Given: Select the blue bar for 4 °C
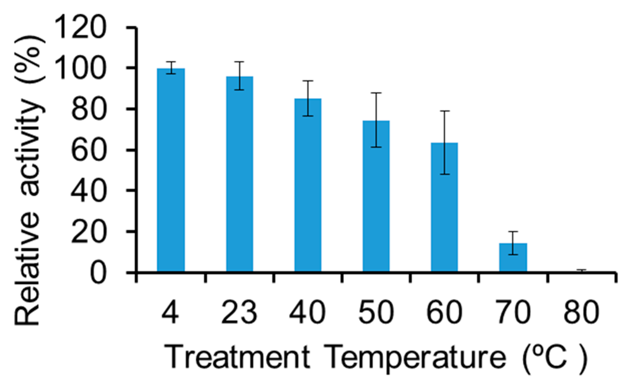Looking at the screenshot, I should (171, 170).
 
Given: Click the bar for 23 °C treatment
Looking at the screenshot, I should (239, 174).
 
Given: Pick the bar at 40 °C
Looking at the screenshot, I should (308, 185).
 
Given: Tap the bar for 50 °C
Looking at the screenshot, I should (376, 196).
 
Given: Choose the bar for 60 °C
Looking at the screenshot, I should (444, 207).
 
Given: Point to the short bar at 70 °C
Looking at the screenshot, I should (513, 257).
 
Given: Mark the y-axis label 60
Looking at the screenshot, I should (88, 150).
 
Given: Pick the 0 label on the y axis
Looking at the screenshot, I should (98, 272).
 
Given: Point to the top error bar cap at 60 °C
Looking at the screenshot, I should (445, 111).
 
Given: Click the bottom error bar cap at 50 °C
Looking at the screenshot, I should (376, 147).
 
